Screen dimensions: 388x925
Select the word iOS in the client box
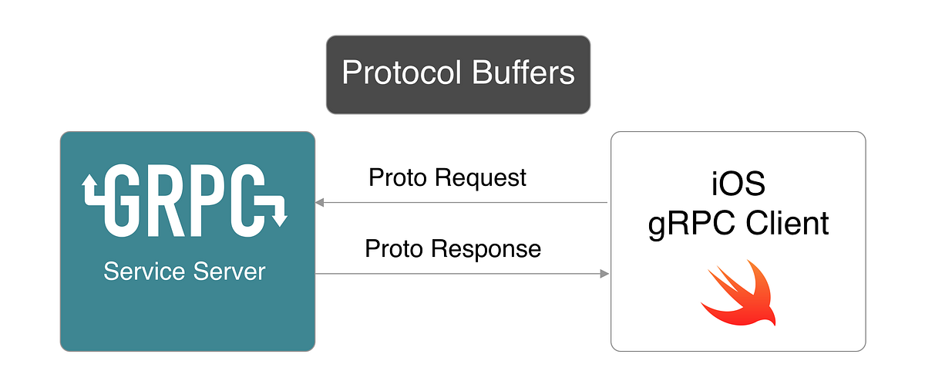pos(738,186)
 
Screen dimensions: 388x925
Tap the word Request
pos(479,177)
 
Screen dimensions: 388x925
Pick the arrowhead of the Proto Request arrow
pos(320,202)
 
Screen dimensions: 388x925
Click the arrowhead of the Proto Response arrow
pos(604,273)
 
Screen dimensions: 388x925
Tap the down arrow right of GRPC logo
pos(278,217)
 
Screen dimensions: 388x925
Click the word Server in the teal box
pos(228,272)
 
